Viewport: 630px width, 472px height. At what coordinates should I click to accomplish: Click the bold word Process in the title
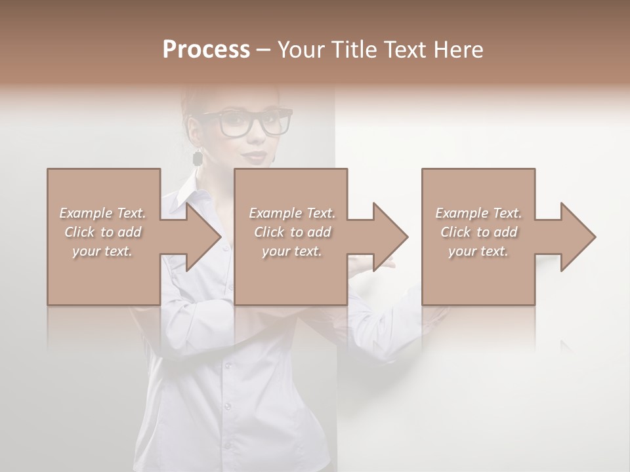point(206,50)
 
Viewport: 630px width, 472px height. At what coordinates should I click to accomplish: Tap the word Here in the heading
point(459,50)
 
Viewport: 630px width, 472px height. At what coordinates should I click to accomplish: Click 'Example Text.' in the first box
point(103,213)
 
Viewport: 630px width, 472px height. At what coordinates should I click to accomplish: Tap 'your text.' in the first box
point(103,251)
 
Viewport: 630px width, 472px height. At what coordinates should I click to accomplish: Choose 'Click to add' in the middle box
point(292,232)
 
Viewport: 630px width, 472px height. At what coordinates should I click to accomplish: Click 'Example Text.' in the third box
point(478,213)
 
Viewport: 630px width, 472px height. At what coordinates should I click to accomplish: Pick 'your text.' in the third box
point(478,251)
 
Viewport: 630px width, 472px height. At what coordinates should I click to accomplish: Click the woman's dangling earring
point(197,158)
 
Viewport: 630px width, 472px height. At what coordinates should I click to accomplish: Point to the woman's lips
point(257,157)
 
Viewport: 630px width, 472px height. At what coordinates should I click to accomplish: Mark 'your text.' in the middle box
point(292,251)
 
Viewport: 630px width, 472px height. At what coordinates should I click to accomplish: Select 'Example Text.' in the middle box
point(292,213)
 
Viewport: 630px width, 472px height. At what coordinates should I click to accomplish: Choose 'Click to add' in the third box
point(478,232)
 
